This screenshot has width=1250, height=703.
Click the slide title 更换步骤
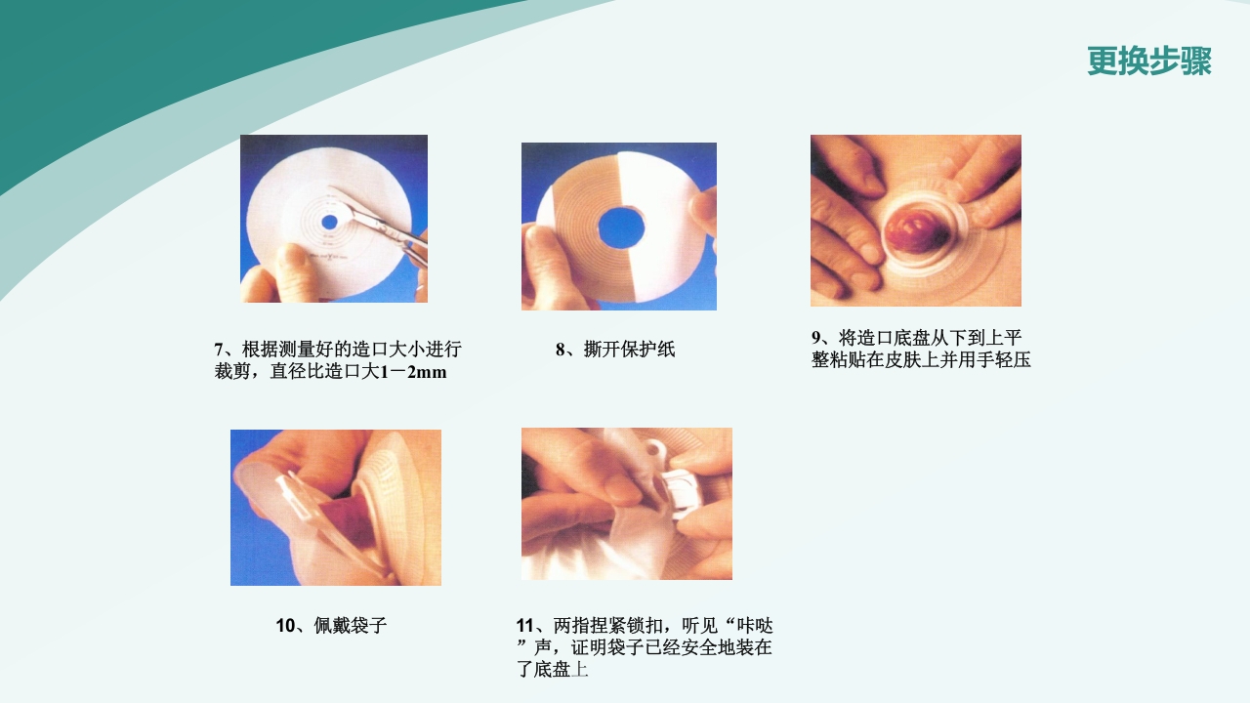click(1148, 62)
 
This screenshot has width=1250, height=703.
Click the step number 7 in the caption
click(219, 350)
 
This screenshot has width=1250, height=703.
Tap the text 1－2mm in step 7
click(414, 372)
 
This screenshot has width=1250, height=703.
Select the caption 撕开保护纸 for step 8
click(629, 350)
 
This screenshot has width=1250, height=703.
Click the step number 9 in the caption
click(816, 338)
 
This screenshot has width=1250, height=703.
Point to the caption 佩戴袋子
click(351, 626)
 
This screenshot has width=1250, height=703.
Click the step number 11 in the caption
click(524, 626)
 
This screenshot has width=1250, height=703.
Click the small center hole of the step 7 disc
click(329, 222)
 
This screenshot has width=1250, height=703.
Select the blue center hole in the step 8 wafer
click(620, 227)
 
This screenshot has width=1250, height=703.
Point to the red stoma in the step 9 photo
click(910, 237)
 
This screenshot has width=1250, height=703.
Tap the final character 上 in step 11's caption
click(580, 670)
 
